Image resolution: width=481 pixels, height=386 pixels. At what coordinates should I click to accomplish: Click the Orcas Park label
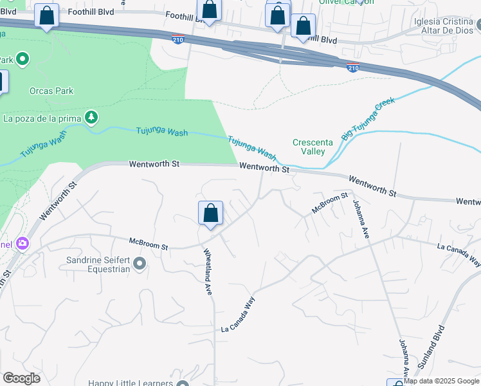point(51,91)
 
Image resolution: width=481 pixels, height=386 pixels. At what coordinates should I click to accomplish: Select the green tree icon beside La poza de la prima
point(92,116)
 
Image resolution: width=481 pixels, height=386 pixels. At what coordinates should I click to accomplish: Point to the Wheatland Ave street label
point(208,271)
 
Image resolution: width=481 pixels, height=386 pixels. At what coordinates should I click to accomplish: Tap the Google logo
point(21,378)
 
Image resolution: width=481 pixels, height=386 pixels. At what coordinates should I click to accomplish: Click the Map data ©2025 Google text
point(441,381)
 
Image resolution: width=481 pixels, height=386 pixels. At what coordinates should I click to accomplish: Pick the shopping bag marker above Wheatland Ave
point(210,214)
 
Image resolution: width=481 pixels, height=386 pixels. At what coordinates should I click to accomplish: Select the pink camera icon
point(23,243)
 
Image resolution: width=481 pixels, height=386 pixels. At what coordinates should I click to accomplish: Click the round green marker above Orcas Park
point(23,60)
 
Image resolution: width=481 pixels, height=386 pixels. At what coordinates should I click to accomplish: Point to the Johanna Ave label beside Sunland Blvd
point(403,357)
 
